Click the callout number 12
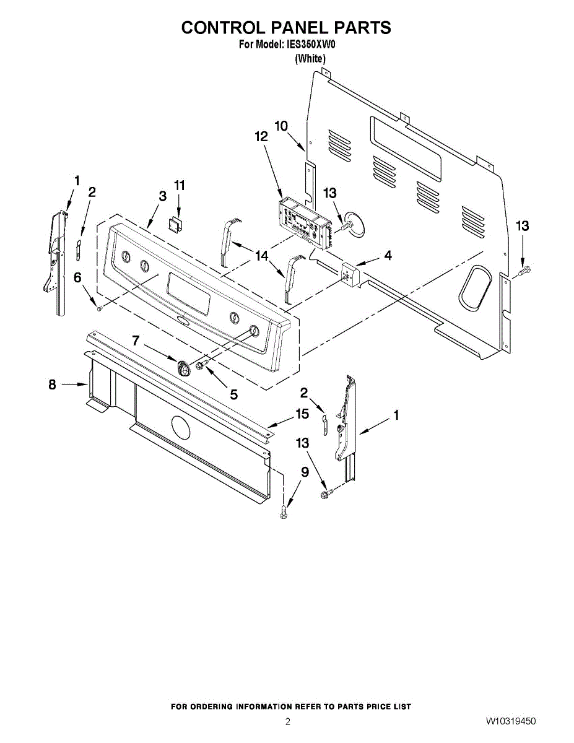[x=261, y=137]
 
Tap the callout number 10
[x=281, y=126]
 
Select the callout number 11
[x=180, y=185]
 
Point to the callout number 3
[x=162, y=196]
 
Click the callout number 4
[x=388, y=254]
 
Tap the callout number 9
[x=304, y=472]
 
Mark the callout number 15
[x=302, y=414]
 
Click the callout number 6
[x=77, y=279]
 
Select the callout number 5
[x=234, y=393]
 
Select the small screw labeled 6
[x=99, y=306]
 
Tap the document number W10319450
[x=511, y=721]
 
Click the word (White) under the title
[x=310, y=59]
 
